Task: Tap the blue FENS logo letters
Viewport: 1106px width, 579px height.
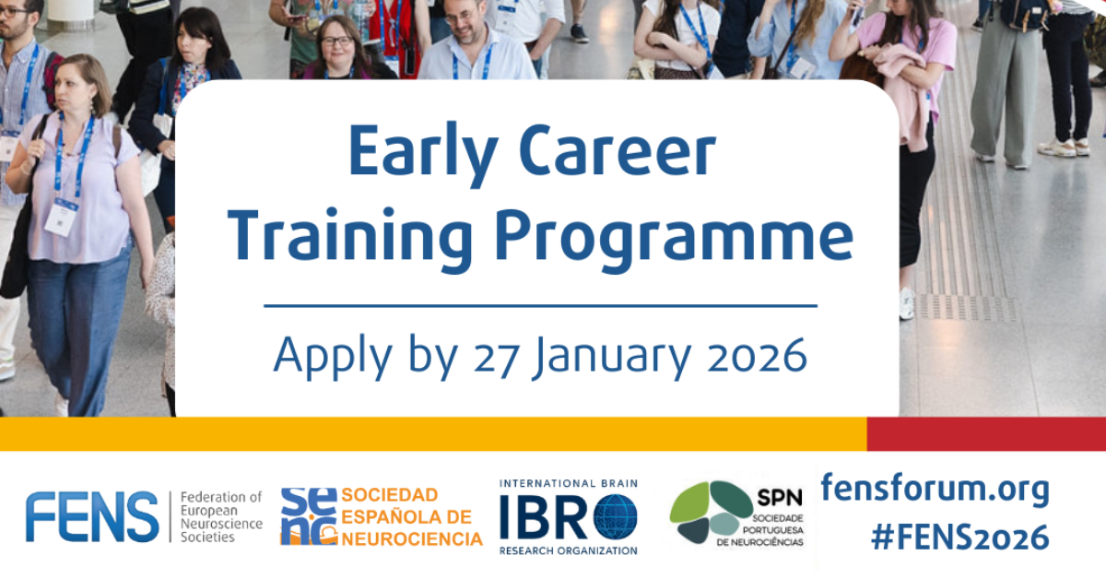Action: click(x=92, y=516)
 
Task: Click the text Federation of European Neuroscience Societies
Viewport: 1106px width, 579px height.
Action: click(x=221, y=516)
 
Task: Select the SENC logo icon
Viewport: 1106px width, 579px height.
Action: click(x=309, y=516)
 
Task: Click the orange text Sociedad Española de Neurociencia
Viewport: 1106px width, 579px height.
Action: click(x=411, y=516)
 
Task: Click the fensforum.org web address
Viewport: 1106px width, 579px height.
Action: click(x=935, y=489)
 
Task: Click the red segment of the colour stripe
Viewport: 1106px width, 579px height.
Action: click(x=985, y=433)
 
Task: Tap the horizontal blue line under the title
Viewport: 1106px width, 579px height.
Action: click(x=540, y=305)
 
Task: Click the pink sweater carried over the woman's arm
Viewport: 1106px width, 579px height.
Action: click(x=902, y=92)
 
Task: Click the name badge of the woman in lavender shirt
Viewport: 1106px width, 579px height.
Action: click(x=62, y=217)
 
